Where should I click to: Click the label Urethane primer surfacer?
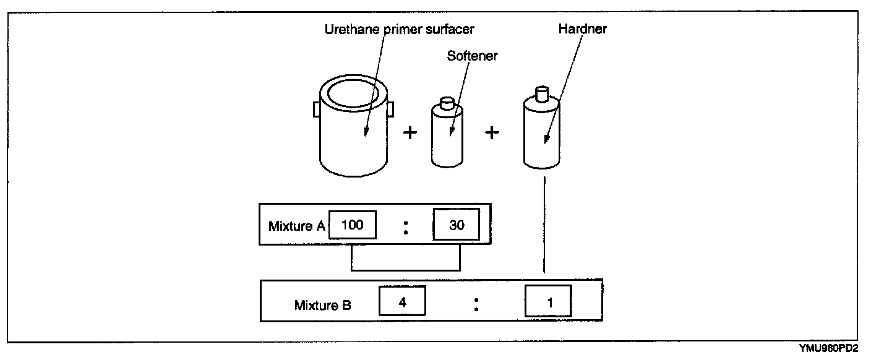click(x=400, y=30)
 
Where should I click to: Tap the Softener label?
click(x=472, y=56)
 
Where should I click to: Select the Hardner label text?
click(x=583, y=29)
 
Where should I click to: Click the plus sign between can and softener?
click(x=410, y=133)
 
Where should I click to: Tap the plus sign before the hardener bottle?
click(x=492, y=132)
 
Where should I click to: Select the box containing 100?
click(x=352, y=225)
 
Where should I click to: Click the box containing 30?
click(x=457, y=225)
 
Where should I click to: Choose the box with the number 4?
click(x=403, y=301)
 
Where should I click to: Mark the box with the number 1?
click(x=548, y=301)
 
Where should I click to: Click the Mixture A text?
click(x=297, y=226)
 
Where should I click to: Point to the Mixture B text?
click(x=323, y=305)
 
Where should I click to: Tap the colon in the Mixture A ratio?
click(x=406, y=228)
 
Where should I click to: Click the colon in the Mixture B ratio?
click(x=476, y=304)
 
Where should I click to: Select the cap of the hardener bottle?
click(x=542, y=93)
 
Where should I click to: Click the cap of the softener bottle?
click(x=447, y=103)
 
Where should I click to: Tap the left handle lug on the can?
click(x=317, y=109)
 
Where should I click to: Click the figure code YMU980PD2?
click(x=828, y=348)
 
